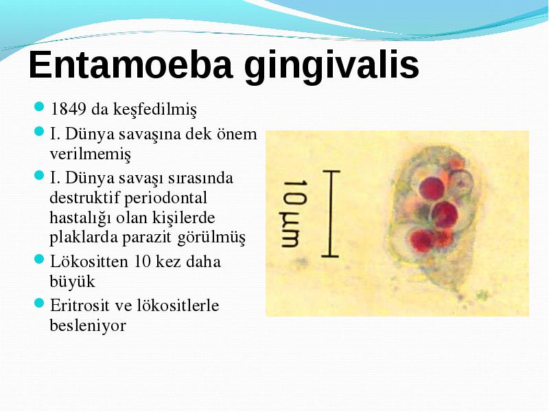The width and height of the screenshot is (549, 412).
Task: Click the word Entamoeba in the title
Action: pos(131,65)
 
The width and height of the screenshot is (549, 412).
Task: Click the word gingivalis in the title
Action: pos(331,67)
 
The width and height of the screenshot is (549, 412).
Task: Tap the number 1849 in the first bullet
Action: pos(69,109)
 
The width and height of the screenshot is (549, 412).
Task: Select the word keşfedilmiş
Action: pos(155,110)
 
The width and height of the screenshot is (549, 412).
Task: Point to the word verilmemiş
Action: pos(91,154)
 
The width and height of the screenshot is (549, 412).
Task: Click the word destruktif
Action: pos(84,198)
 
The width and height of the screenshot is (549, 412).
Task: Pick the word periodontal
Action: pos(165,198)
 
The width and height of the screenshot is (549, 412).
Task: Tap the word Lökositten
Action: pos(89,262)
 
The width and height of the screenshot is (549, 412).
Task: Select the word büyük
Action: pos(73,282)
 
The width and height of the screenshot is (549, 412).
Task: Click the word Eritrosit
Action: pos(80,305)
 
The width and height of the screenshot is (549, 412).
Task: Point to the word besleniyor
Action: pos(88,325)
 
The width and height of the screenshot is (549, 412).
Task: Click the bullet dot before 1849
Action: pos(40,106)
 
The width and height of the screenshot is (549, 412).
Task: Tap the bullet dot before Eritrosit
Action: pos(40,303)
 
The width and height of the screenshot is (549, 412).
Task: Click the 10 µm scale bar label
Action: pos(295,214)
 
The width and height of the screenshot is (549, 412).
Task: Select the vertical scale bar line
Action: pos(331,214)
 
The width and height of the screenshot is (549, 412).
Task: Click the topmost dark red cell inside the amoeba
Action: pos(432,188)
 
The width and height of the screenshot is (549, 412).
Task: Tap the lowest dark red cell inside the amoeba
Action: pos(423,240)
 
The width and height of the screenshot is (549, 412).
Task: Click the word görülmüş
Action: pos(212,238)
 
